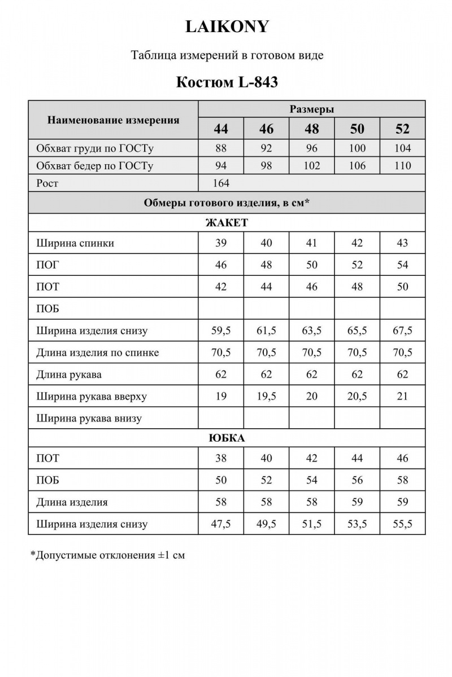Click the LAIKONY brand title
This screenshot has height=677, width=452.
(x=227, y=27)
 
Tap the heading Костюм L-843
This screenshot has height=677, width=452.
(x=227, y=82)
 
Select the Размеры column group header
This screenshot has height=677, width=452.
(x=311, y=109)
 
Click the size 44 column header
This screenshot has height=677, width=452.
(x=221, y=129)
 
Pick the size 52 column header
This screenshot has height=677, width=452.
(x=402, y=129)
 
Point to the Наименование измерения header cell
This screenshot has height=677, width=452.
(x=113, y=120)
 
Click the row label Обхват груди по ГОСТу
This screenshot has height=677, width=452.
(x=95, y=149)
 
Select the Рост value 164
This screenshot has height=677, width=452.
(x=221, y=183)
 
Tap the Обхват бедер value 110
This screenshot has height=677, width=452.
(x=402, y=166)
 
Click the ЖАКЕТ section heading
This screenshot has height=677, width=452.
(x=227, y=222)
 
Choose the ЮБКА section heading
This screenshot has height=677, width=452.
(x=227, y=438)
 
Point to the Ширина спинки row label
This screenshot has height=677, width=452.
(x=75, y=243)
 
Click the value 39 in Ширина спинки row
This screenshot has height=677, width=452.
(x=221, y=243)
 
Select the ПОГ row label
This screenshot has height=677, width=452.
(x=47, y=265)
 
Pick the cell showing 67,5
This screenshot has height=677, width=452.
(x=402, y=331)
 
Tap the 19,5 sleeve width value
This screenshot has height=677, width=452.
(x=266, y=397)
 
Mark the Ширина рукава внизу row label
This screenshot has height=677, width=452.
(x=89, y=419)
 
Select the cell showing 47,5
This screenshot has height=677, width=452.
(x=221, y=524)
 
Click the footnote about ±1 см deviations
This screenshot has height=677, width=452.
(x=107, y=555)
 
